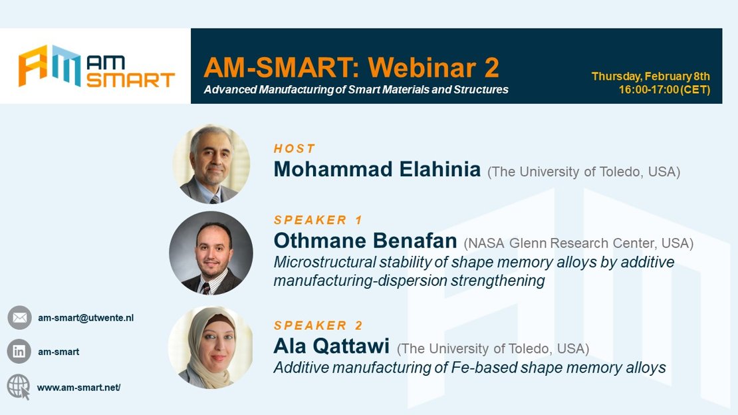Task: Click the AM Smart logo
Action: [96, 66]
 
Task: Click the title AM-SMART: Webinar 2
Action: [351, 67]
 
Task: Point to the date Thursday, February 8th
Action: [650, 76]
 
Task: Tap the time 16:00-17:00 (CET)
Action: [664, 90]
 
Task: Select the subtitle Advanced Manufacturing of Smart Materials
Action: [356, 90]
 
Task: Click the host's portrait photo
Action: [211, 164]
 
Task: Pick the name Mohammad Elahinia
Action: [377, 169]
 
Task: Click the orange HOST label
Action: [294, 149]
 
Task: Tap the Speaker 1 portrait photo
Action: [211, 253]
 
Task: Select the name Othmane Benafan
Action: [365, 241]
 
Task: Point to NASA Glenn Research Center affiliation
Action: [578, 243]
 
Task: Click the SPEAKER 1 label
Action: [318, 220]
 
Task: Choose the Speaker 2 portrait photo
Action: [210, 347]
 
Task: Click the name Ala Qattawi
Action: [331, 346]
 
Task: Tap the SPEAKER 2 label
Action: [318, 325]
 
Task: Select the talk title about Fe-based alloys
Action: [469, 367]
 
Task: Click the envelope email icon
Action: [19, 317]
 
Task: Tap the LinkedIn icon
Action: [19, 351]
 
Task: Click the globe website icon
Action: [19, 387]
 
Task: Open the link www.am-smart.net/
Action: [78, 388]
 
